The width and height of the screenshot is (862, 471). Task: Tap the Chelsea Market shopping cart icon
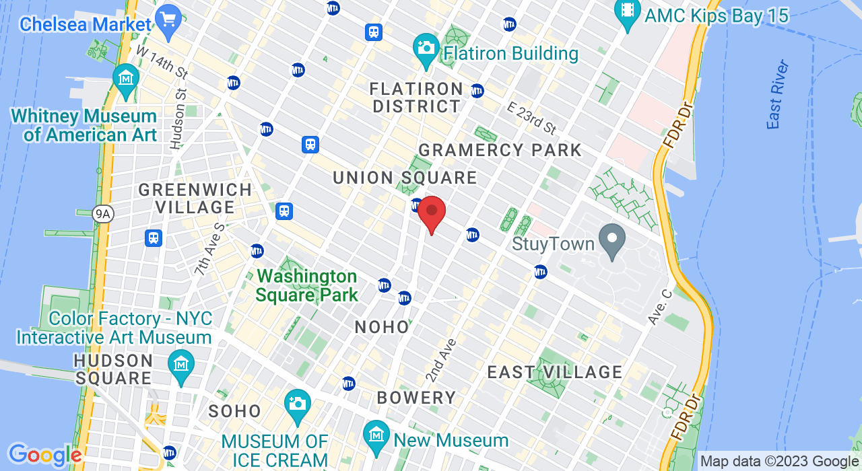pos(167,17)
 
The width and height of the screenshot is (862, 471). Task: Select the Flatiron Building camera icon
pos(426,48)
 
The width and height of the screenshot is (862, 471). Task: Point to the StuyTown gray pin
pos(612,240)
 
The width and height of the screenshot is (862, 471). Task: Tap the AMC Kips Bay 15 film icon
pos(628,11)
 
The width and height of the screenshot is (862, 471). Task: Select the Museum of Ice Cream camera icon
pos(297,404)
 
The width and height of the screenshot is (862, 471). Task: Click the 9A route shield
pos(103,214)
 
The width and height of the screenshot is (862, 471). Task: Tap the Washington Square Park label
pos(306,285)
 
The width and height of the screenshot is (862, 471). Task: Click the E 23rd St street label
pos(533,118)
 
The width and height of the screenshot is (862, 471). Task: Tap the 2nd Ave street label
pos(440,360)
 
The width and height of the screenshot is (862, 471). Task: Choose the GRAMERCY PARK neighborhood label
pos(500,149)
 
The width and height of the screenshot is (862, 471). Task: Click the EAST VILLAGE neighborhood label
pos(555,372)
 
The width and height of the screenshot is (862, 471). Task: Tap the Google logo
pos(44,456)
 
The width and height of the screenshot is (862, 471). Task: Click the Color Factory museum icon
pos(181,364)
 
